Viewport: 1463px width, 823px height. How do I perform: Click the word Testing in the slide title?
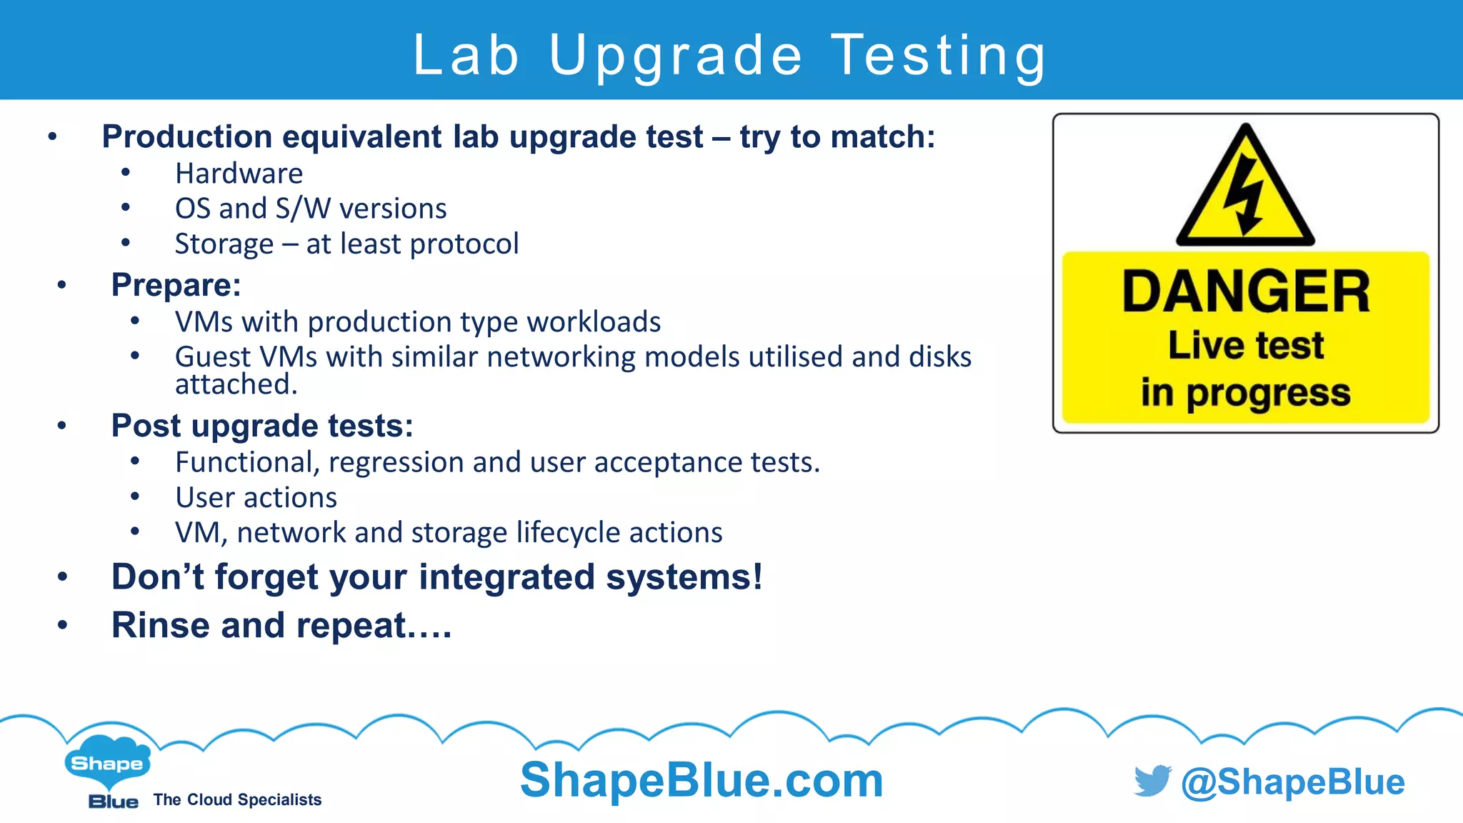[939, 56]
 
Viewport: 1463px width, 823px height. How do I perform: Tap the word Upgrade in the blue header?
[676, 56]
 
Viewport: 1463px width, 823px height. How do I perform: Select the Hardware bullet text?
[239, 174]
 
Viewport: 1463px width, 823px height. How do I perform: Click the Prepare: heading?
[176, 285]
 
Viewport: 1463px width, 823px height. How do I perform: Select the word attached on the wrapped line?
[236, 384]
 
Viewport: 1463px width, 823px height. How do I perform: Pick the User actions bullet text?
[256, 497]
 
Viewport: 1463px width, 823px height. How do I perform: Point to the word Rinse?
[161, 625]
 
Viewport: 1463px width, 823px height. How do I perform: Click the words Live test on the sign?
[1246, 346]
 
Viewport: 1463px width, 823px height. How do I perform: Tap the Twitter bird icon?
[1152, 781]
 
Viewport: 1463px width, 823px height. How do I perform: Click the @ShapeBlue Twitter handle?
[1293, 782]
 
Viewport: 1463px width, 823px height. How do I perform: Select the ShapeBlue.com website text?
[701, 779]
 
